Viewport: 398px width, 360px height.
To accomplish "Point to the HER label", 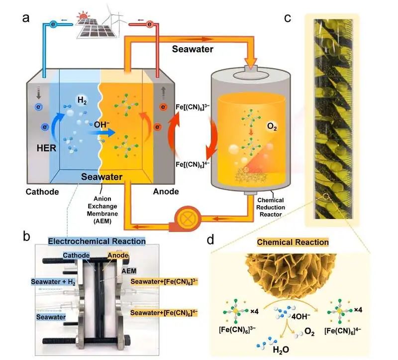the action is [x=46, y=148].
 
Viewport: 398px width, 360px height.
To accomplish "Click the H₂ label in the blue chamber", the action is [x=82, y=101].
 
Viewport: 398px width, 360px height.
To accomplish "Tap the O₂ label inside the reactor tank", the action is [x=272, y=126].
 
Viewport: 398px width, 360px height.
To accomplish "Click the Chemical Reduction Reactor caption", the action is [x=271, y=207].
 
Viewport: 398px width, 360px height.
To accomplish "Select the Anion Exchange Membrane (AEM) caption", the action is [x=102, y=210].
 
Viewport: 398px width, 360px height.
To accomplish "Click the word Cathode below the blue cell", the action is [x=42, y=192].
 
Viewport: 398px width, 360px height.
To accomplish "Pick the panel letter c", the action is [x=288, y=18].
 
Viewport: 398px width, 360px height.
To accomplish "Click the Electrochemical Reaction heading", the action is [x=97, y=241].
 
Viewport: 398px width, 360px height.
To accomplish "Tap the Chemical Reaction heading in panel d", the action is [x=293, y=242].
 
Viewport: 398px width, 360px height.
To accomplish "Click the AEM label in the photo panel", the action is [x=129, y=271].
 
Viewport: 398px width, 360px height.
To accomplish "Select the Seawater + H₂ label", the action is [x=53, y=282].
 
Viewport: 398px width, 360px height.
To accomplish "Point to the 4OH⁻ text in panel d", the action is [x=301, y=316].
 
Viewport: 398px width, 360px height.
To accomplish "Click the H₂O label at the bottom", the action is [x=281, y=350].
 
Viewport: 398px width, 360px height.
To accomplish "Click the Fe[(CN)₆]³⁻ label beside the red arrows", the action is [x=193, y=107].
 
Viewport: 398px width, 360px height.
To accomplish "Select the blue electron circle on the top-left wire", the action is [x=53, y=24].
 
